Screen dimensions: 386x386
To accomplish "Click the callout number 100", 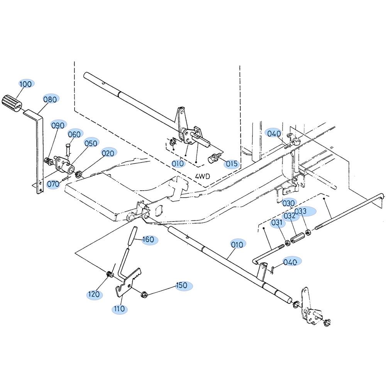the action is [x=25, y=84].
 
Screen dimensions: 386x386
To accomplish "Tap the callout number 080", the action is [x=50, y=100].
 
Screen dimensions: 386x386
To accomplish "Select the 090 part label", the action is [x=58, y=125].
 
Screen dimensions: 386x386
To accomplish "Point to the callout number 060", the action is [x=74, y=134].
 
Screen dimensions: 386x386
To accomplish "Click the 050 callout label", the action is [x=91, y=143].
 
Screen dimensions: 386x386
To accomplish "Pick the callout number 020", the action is [x=108, y=153].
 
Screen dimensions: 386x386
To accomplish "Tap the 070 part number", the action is [x=53, y=184].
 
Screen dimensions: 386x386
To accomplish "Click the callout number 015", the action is [x=231, y=164].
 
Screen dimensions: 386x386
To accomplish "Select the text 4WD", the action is [x=203, y=176].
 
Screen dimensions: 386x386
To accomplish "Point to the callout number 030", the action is [x=288, y=203].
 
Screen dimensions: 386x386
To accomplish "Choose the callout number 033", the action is [x=301, y=211].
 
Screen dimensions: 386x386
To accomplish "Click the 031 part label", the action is [x=277, y=223].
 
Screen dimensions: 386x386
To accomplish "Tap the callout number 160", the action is [x=148, y=240].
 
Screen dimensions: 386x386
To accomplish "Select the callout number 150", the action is [x=181, y=286].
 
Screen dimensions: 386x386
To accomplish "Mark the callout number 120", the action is [x=94, y=294].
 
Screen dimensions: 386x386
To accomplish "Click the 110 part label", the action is [x=119, y=309].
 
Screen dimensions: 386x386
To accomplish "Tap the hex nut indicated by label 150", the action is [x=144, y=294].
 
